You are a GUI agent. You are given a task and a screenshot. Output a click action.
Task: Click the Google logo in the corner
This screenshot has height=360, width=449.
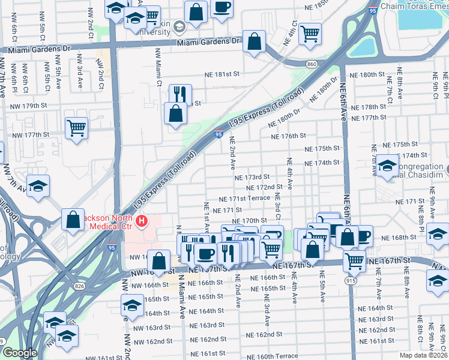(x=19, y=353)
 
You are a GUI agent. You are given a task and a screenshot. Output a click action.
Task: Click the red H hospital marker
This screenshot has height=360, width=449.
(x=142, y=222)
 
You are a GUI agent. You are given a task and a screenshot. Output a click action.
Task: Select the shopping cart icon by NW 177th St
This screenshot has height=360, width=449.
(x=77, y=127)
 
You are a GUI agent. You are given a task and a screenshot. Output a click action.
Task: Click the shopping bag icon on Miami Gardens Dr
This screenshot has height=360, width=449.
(x=255, y=41)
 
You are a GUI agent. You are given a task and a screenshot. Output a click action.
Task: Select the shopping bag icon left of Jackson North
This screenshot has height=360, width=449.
(x=73, y=219)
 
